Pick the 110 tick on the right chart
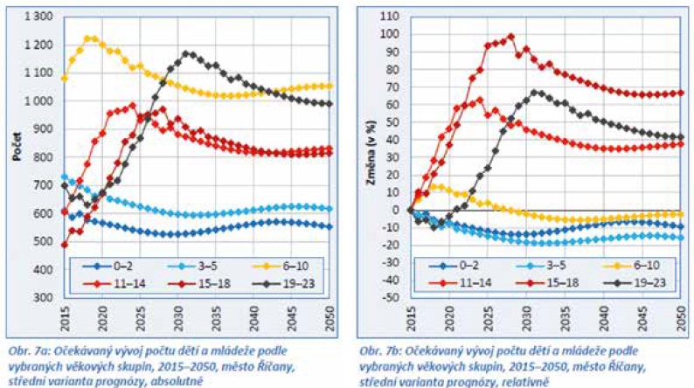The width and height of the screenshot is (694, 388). (392, 17)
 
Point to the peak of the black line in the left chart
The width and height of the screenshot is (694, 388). (186, 53)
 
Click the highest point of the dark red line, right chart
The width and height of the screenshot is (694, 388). (511, 37)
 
